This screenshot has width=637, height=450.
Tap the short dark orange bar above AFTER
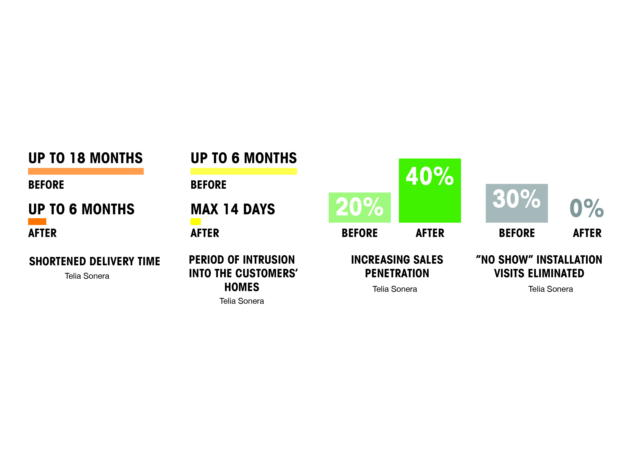coord(37,222)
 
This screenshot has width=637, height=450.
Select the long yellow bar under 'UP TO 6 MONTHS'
coord(244,171)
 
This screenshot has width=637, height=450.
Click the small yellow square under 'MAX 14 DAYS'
coord(196,222)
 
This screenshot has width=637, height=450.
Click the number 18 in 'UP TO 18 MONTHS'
coord(77,158)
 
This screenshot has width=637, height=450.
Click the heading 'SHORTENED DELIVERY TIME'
coord(95,261)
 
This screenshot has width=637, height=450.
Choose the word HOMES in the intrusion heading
coord(242,287)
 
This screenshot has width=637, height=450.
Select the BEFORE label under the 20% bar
coord(360,233)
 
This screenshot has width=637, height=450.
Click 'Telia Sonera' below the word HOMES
coord(242,301)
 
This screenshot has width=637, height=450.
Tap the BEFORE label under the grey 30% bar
coord(517,233)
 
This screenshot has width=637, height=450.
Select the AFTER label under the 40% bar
coord(430,233)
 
